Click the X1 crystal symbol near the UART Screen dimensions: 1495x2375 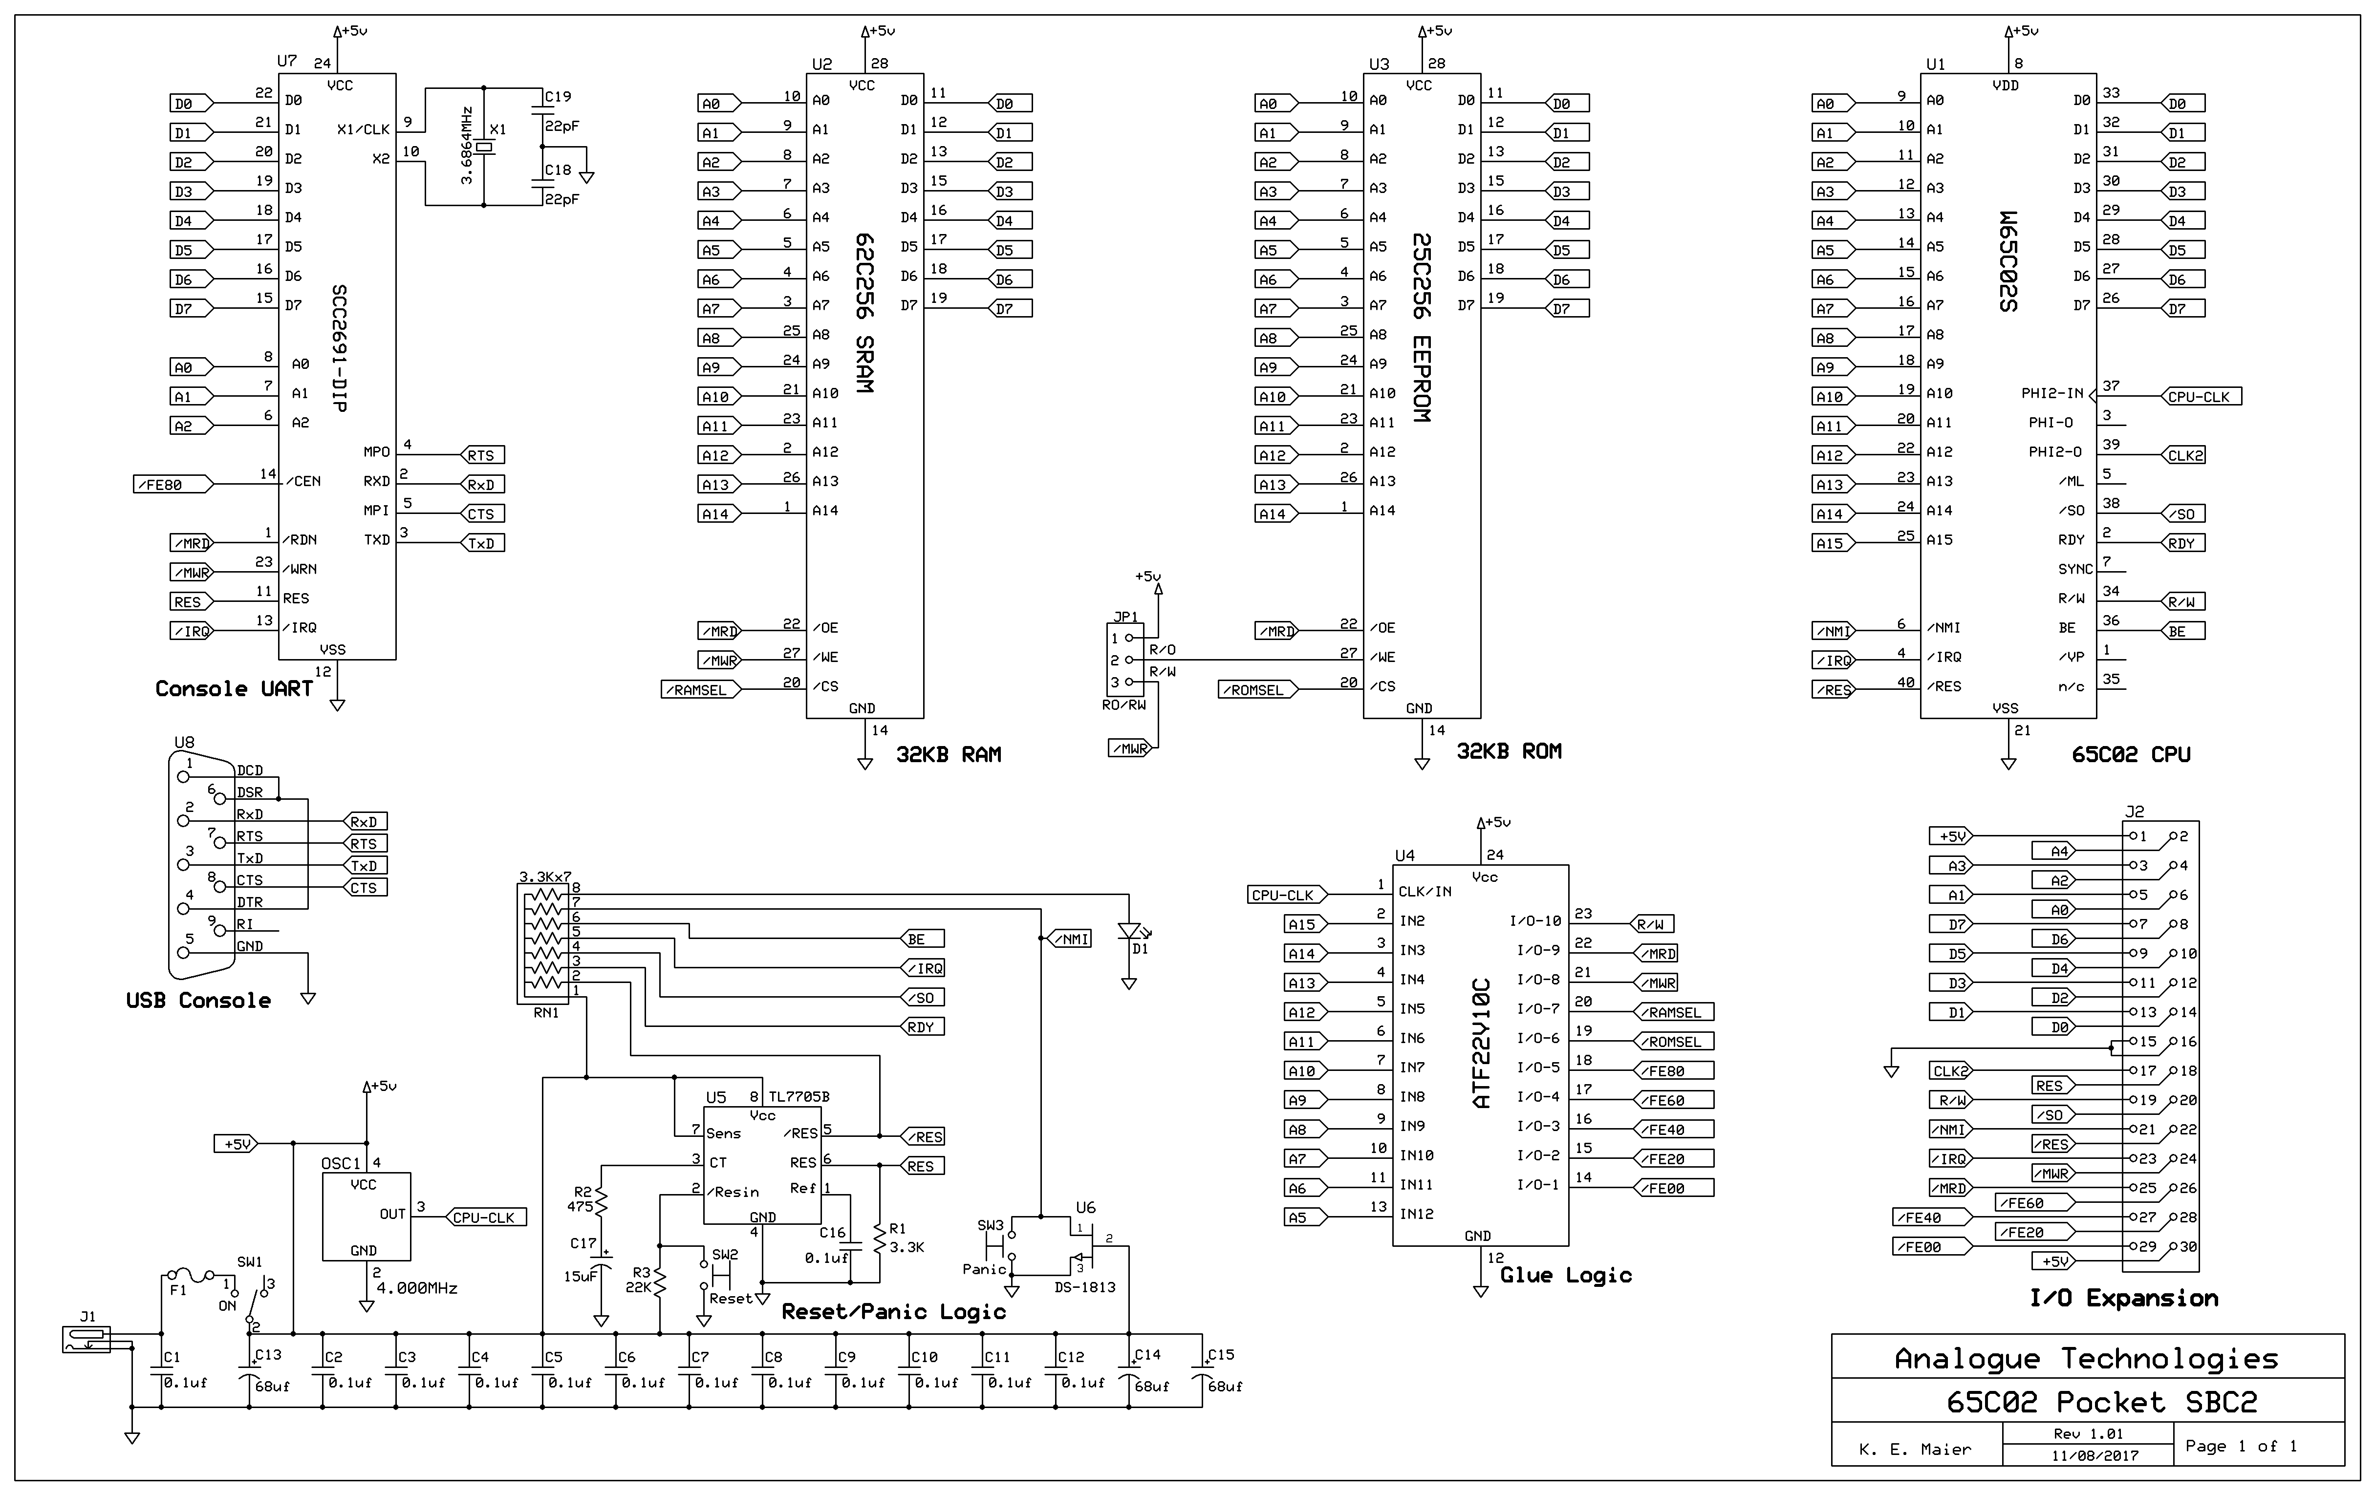(483, 148)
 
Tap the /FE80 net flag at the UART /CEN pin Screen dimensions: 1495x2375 (173, 484)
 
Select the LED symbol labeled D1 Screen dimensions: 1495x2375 (1129, 931)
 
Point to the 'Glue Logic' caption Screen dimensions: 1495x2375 (1565, 1275)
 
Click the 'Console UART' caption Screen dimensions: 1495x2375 (234, 688)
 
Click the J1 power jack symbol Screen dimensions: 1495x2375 (87, 1339)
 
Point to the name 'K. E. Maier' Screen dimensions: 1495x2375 (1914, 1449)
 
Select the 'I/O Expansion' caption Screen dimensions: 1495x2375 (2123, 1298)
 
